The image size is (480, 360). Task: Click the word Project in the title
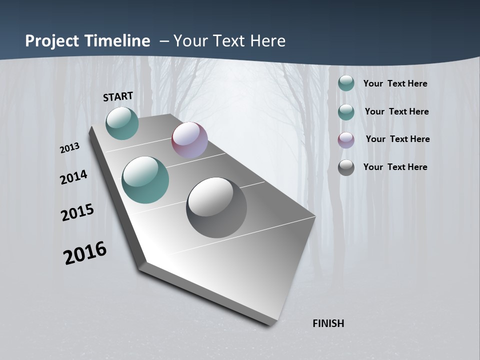tap(50, 41)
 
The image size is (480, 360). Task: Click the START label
tap(118, 96)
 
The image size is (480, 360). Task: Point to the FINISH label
tap(328, 323)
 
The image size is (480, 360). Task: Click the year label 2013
tap(69, 148)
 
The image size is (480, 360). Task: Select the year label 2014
tap(73, 177)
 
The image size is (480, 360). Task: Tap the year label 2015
tap(77, 212)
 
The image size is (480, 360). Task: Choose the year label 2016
tap(84, 253)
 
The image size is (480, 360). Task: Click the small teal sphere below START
tap(122, 123)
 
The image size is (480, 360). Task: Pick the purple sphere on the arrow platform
tap(189, 140)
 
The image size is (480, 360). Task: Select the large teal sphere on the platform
tap(145, 180)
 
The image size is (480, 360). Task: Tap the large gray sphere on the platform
tap(216, 207)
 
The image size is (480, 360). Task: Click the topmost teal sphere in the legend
tap(346, 83)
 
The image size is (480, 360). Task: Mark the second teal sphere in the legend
tap(346, 112)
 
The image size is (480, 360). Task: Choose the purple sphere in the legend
tap(346, 140)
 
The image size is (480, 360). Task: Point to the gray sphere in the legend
tap(346, 167)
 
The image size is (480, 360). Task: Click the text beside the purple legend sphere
tap(397, 139)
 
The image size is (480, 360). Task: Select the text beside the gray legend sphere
tap(395, 167)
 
